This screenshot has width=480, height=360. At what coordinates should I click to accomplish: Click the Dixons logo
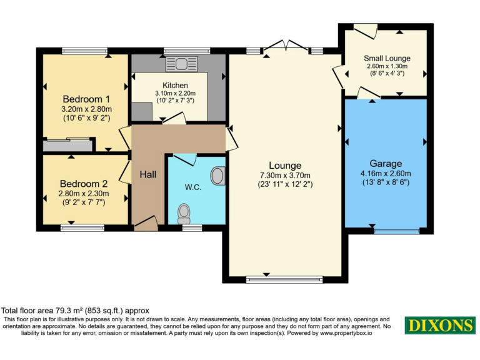click(440, 326)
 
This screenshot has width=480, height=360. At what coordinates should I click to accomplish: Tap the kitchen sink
click(181, 63)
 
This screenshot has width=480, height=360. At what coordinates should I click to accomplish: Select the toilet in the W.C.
click(184, 213)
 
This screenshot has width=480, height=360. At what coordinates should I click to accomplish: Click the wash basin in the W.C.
click(217, 176)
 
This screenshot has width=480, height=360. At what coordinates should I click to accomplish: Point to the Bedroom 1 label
click(87, 99)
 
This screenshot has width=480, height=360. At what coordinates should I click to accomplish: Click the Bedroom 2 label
click(84, 184)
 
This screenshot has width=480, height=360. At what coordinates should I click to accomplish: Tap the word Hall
click(148, 175)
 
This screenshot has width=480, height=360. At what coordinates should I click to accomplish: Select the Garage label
click(384, 163)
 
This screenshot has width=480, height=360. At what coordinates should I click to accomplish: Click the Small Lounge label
click(386, 58)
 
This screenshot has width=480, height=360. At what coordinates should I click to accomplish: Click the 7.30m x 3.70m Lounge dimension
click(285, 175)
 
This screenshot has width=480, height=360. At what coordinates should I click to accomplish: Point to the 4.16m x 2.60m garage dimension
click(384, 173)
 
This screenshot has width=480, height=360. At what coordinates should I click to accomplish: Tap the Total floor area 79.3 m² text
click(75, 310)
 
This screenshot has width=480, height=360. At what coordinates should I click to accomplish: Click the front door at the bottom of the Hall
click(146, 223)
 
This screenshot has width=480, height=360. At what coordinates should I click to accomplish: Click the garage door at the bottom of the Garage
click(396, 231)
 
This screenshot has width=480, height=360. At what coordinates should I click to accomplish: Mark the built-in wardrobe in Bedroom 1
click(67, 145)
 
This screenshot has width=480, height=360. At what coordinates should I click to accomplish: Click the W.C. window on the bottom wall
click(192, 228)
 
